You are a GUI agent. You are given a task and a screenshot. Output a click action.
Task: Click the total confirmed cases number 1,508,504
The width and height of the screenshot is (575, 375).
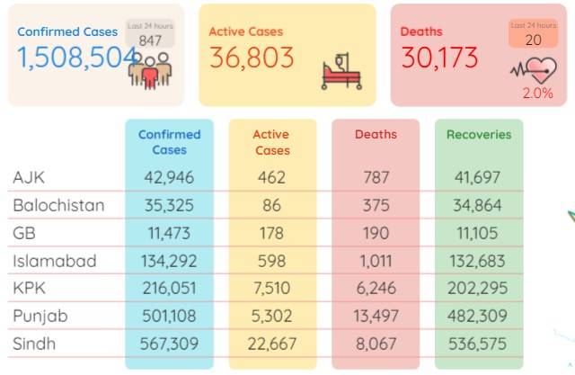click(x=77, y=58)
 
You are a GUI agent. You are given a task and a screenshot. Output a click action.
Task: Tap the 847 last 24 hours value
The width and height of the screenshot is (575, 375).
click(x=150, y=40)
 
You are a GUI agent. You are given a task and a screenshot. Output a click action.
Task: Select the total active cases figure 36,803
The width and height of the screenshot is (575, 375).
click(x=252, y=58)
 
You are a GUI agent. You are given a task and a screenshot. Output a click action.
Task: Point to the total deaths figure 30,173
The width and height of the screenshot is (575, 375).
click(x=439, y=58)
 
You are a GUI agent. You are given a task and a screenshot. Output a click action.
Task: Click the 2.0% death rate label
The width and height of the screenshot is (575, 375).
click(x=537, y=94)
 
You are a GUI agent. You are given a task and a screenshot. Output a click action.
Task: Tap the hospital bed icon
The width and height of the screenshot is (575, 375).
click(x=341, y=71)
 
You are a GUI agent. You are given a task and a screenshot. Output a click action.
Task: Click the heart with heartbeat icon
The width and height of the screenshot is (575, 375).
click(x=534, y=70)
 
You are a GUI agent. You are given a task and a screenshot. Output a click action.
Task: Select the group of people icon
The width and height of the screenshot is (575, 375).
click(x=150, y=71)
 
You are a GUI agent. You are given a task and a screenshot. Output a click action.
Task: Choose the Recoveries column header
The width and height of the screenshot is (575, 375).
click(x=479, y=135)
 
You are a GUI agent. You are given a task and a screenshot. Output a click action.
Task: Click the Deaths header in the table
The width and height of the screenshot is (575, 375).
click(x=376, y=134)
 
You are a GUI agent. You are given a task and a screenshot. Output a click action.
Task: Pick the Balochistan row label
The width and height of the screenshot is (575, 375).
click(x=58, y=205)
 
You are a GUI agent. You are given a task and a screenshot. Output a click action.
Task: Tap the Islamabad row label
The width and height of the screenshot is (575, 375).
click(x=55, y=261)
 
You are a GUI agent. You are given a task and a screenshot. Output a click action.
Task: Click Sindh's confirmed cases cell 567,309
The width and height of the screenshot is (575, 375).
click(x=169, y=344)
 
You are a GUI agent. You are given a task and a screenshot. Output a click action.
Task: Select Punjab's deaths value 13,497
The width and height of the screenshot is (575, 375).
click(x=376, y=316)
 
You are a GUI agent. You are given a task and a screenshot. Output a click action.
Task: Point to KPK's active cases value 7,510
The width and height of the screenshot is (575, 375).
click(x=271, y=288)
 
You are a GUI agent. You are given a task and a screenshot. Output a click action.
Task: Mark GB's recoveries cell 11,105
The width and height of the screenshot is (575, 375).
click(x=477, y=233)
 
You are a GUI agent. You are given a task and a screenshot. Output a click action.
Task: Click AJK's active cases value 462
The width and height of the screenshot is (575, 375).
click(x=271, y=177)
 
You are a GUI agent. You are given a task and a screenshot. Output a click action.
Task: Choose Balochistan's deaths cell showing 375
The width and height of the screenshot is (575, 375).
click(x=376, y=205)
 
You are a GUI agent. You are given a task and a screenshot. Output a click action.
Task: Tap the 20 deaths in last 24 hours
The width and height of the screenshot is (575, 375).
click(x=533, y=40)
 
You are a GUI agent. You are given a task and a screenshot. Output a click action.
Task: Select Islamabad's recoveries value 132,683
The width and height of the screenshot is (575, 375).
click(x=477, y=261)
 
